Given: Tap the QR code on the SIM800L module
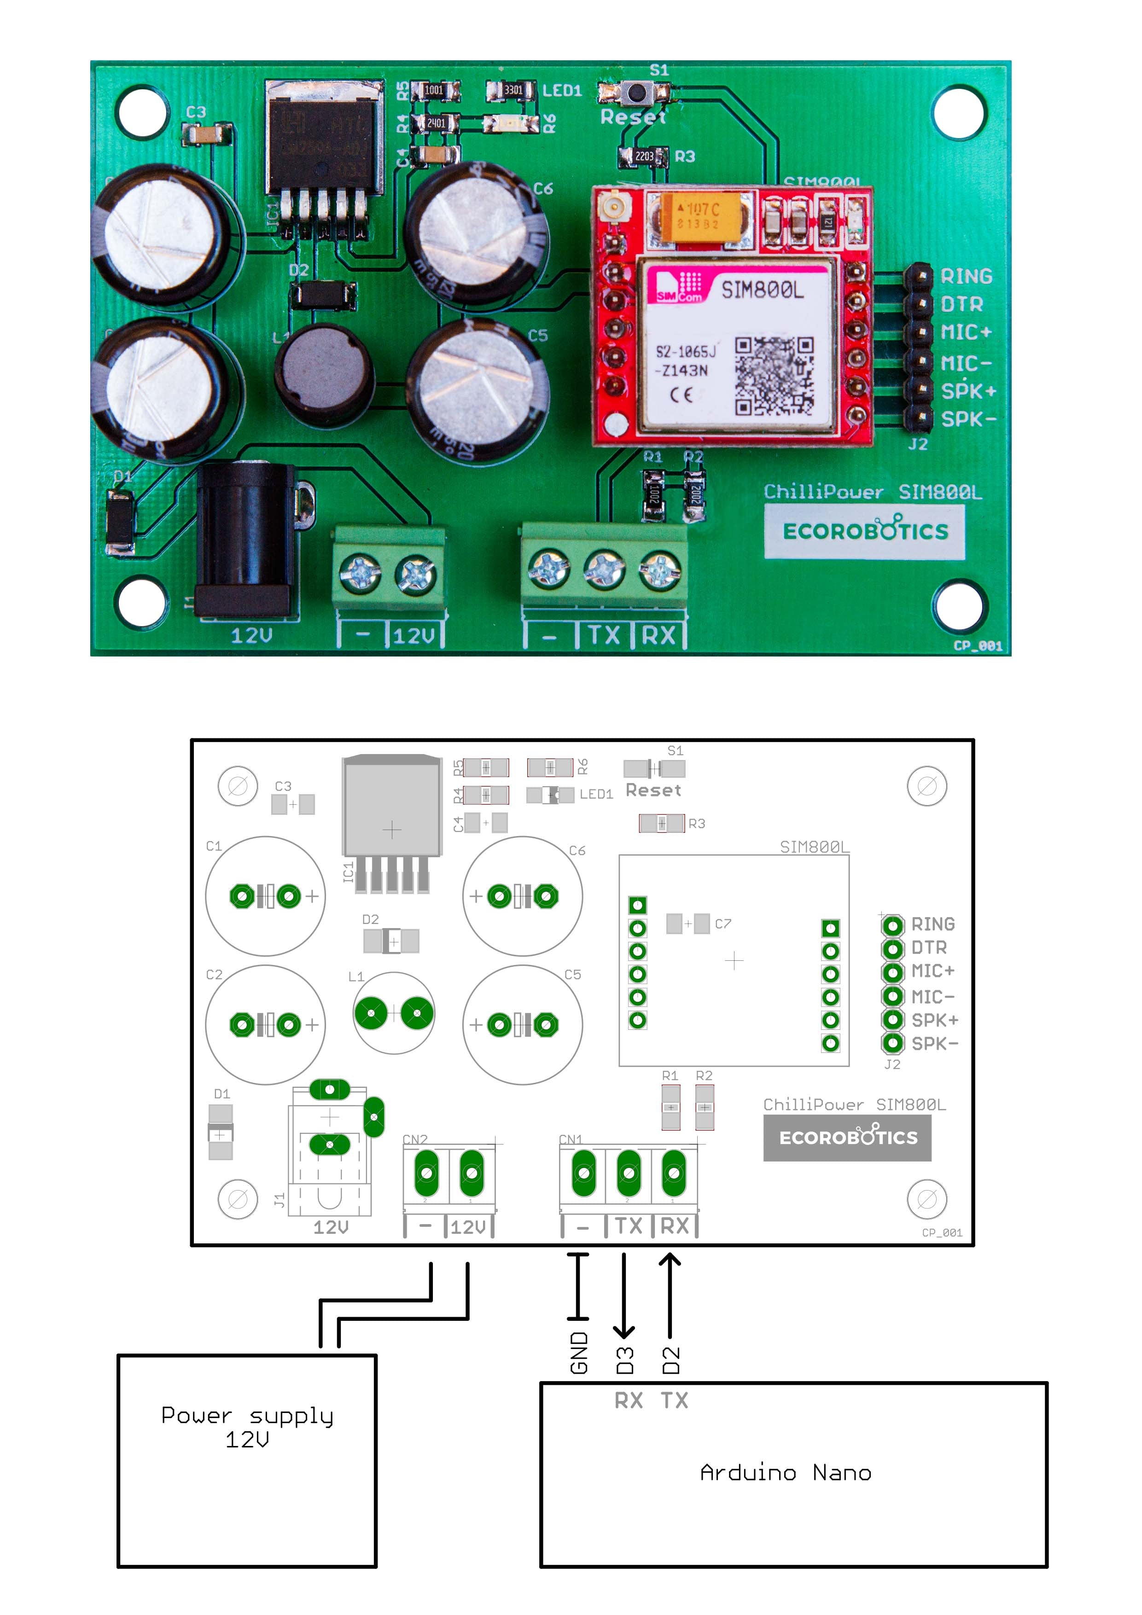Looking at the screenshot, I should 774,376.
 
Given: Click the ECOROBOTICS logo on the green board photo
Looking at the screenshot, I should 865,531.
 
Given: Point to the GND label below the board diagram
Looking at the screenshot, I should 578,1352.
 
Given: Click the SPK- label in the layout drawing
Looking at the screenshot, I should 934,1044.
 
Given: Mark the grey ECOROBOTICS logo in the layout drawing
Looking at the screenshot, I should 847,1138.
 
